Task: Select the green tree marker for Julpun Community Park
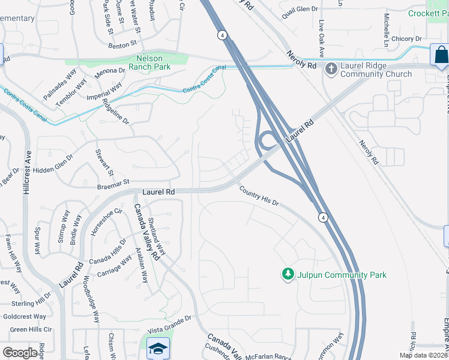coord(288,274)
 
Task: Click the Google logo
coord(20,353)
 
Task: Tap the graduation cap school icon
coord(158,348)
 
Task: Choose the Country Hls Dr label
coord(259,196)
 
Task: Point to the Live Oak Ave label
coord(322,34)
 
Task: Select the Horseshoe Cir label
coord(105,220)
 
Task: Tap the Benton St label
coord(123,44)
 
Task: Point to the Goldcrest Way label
coord(25,316)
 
